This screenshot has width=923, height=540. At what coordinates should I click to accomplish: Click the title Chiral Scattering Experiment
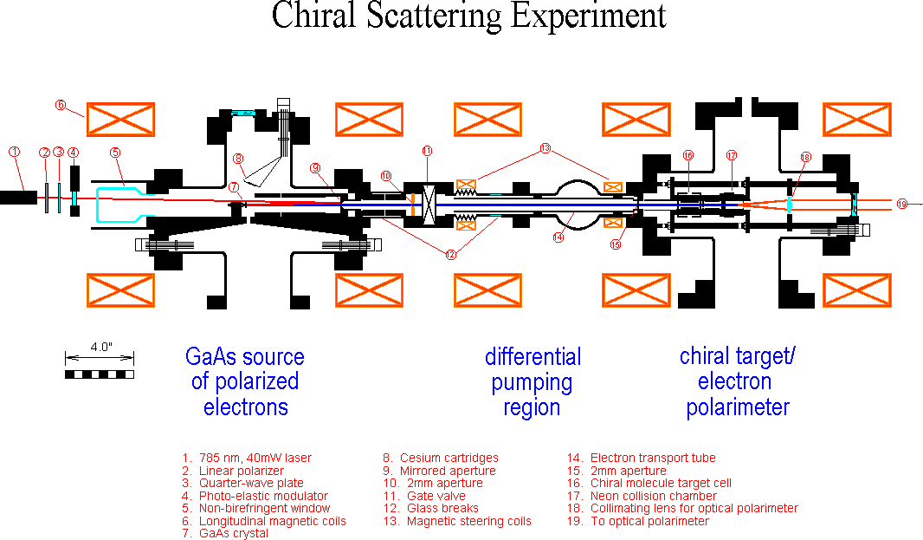point(468,16)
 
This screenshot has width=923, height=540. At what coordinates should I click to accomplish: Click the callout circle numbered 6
point(61,106)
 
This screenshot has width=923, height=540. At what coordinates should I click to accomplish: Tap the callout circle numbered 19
point(902,204)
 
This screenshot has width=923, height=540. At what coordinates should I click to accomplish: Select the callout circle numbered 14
point(558,235)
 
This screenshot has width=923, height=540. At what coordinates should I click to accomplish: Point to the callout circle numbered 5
point(114,153)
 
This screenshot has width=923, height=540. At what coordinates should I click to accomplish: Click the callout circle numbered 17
point(732,156)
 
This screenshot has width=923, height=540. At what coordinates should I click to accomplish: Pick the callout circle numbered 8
point(238,159)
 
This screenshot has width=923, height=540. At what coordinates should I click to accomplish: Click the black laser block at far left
point(18,198)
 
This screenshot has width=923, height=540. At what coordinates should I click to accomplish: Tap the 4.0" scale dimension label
point(100,347)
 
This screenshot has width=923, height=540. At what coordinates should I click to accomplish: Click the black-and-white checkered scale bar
point(100,374)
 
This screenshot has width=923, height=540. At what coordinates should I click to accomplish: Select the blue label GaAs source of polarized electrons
point(245,381)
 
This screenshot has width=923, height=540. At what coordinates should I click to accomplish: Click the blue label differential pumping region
point(532,381)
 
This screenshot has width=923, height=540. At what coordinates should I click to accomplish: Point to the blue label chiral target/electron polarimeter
point(738,381)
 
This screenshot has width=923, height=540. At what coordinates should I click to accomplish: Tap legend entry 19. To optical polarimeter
point(638,521)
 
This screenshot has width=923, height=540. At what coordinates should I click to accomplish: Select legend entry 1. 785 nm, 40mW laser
point(247,458)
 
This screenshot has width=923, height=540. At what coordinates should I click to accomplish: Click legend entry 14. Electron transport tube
point(642,458)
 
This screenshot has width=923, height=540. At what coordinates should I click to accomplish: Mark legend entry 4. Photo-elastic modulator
point(255,496)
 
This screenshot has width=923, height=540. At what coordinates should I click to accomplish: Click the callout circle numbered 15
point(615,245)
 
